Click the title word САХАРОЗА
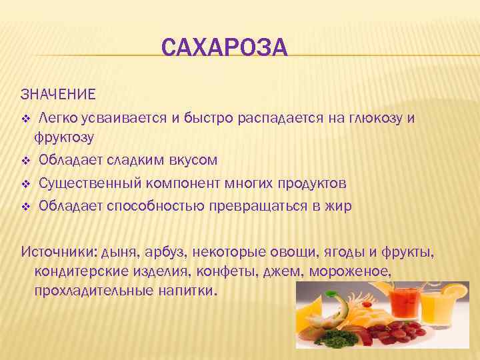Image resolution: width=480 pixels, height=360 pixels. (x=224, y=49)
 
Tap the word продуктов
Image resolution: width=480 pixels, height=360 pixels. (x=312, y=183)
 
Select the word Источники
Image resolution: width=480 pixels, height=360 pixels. (x=58, y=252)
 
